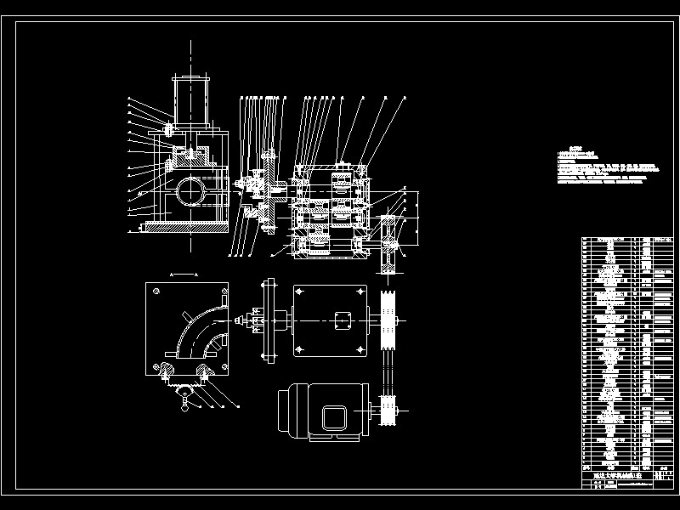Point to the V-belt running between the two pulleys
[390, 366]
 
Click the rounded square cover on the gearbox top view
[343, 322]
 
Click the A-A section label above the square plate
[184, 275]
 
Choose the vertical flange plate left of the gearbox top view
[269, 320]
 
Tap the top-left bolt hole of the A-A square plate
[157, 291]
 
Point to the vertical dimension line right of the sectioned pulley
[418, 218]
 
